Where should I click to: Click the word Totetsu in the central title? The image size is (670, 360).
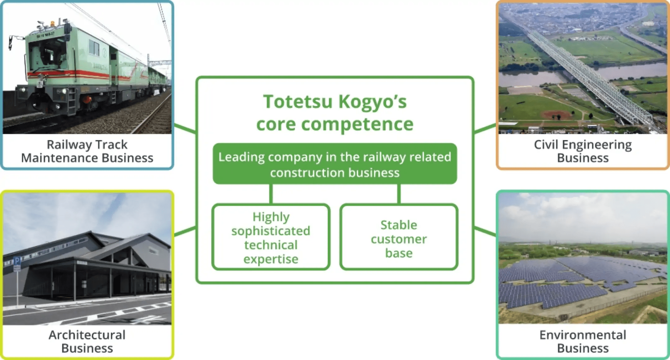pyautogui.click(x=298, y=101)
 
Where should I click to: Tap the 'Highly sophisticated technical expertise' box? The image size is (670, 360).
pyautogui.click(x=271, y=237)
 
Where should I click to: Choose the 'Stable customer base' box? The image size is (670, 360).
pyautogui.click(x=399, y=237)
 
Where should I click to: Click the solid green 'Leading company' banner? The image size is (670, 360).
pyautogui.click(x=335, y=164)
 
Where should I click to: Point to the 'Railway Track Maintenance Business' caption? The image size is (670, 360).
pyautogui.click(x=87, y=151)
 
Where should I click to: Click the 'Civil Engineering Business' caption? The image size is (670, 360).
pyautogui.click(x=583, y=151)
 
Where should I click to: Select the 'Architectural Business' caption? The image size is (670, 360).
pyautogui.click(x=87, y=341)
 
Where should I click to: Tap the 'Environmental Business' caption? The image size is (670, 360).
pyautogui.click(x=583, y=341)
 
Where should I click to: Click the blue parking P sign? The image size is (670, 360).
pyautogui.click(x=17, y=261)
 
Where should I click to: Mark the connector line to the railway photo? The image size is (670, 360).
pyautogui.click(x=185, y=129)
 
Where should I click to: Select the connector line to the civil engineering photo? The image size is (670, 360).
pyautogui.click(x=485, y=129)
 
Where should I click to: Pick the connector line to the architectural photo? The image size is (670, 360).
pyautogui.click(x=185, y=232)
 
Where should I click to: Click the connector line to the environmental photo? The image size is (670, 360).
pyautogui.click(x=485, y=232)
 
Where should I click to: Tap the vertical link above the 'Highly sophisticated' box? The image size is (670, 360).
pyautogui.click(x=271, y=194)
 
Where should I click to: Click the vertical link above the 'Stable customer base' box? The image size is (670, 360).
pyautogui.click(x=399, y=194)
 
